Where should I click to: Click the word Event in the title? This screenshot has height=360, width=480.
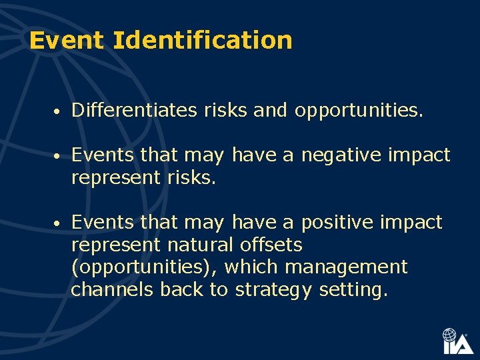click(x=67, y=41)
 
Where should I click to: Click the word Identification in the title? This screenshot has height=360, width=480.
click(x=202, y=41)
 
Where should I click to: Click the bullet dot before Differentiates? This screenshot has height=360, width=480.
click(x=59, y=111)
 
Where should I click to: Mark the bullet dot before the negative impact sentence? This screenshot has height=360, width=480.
click(x=59, y=157)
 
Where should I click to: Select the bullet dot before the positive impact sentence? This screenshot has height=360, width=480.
click(x=59, y=223)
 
